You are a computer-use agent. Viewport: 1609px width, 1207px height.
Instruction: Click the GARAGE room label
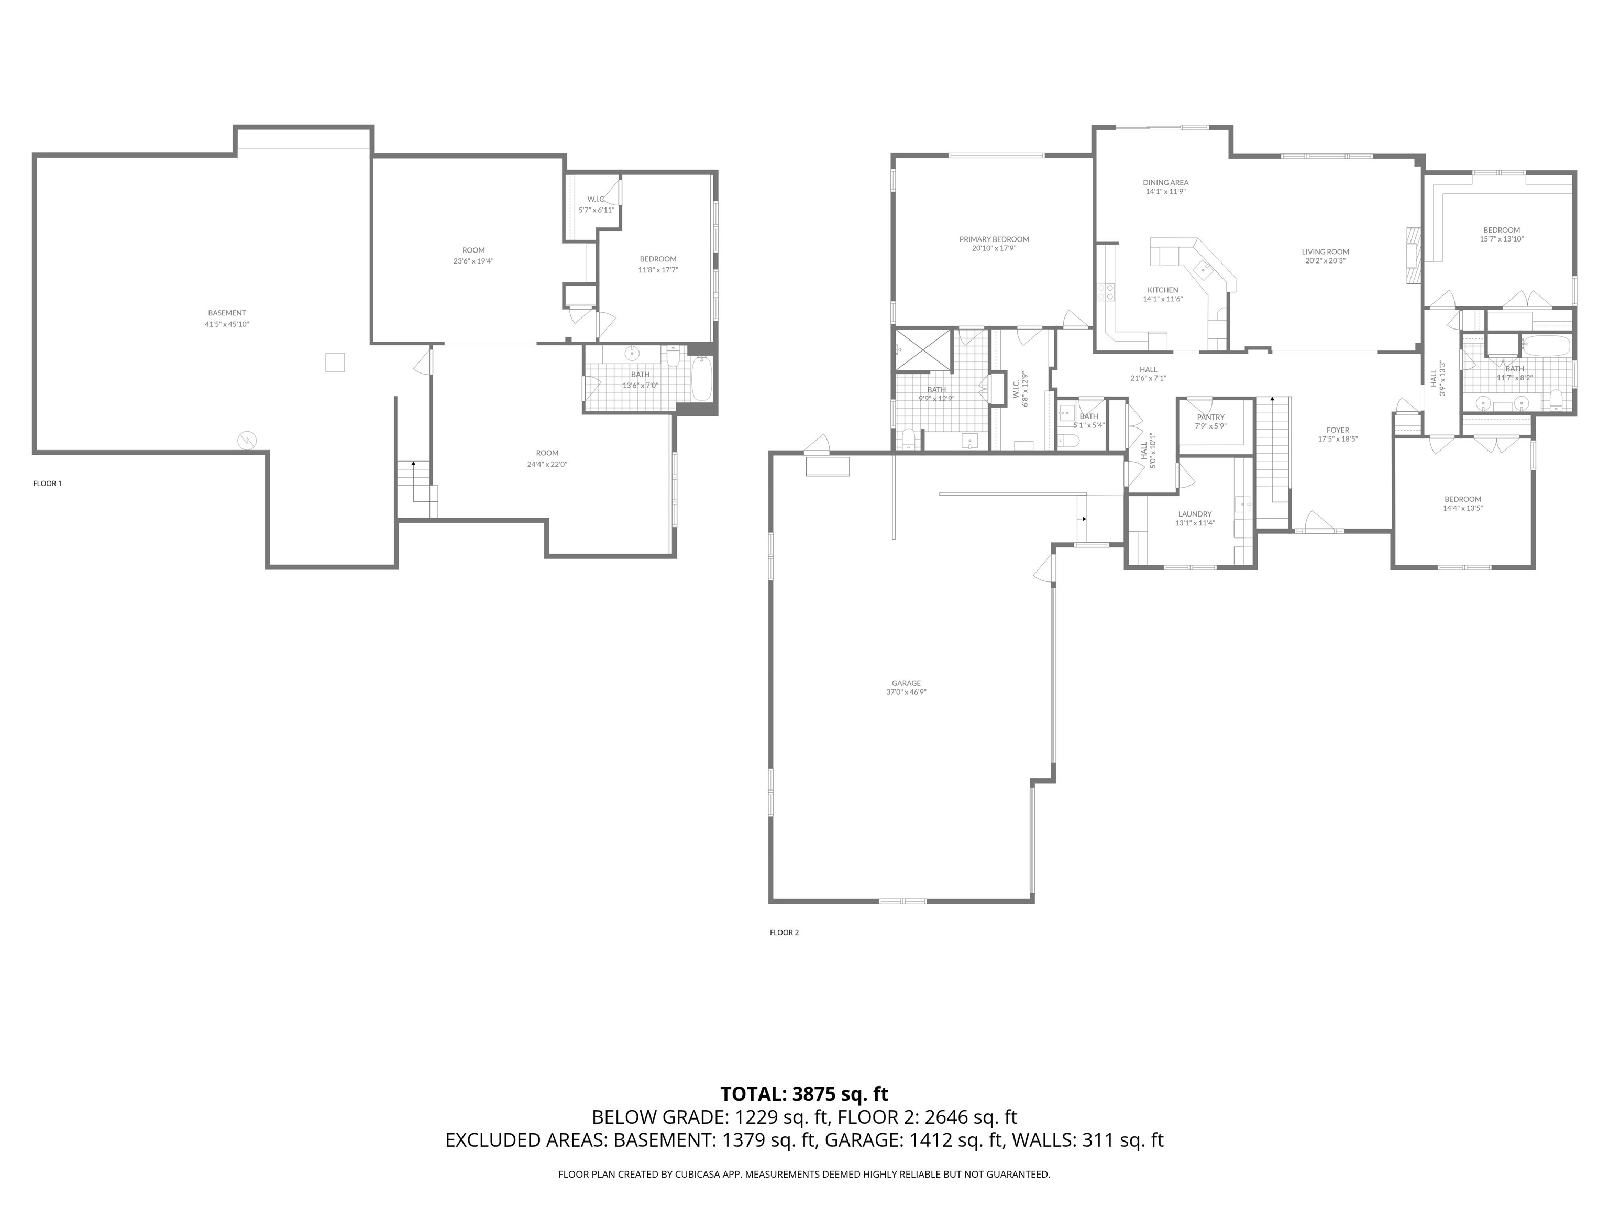pos(906,683)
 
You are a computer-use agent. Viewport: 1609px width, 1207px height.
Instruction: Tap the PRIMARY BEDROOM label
pos(994,239)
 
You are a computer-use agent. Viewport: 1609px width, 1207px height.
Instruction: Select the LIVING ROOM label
pos(1325,252)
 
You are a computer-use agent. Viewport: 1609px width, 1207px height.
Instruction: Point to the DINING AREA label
pos(1165,183)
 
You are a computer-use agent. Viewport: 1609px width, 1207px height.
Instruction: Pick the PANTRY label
pos(1210,418)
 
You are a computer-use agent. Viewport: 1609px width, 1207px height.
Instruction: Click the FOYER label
pos(1338,430)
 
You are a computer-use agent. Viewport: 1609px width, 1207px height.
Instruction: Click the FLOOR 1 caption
pos(47,483)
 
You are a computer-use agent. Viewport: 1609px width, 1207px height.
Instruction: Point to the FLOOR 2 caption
pos(784,932)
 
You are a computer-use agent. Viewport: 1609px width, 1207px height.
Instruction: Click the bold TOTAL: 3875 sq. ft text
pos(804,1093)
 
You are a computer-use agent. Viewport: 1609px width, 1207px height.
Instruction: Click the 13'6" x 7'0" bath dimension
pos(640,385)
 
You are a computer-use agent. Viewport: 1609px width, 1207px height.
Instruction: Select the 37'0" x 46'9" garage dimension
pos(906,692)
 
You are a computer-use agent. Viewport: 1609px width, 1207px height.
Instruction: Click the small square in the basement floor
pos(335,363)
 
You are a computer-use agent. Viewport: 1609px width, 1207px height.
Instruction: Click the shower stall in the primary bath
pos(923,350)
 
